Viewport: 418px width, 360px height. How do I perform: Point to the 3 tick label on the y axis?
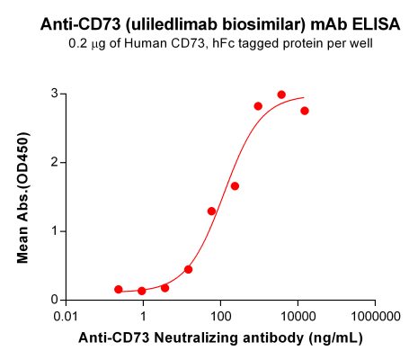click(54, 94)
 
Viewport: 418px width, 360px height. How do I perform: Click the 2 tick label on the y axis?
click(54, 162)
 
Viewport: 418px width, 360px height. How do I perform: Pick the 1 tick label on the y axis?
click(54, 231)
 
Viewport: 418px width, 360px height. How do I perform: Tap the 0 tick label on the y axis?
click(54, 300)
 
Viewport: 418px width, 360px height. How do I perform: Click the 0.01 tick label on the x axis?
click(66, 318)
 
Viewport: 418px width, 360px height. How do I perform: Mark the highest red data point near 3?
click(281, 94)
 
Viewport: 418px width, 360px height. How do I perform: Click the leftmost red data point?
click(119, 289)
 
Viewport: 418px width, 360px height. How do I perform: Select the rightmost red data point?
click(305, 111)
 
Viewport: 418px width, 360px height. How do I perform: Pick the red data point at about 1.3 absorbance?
click(211, 211)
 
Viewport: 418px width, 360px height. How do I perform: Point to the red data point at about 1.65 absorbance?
click(235, 186)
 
